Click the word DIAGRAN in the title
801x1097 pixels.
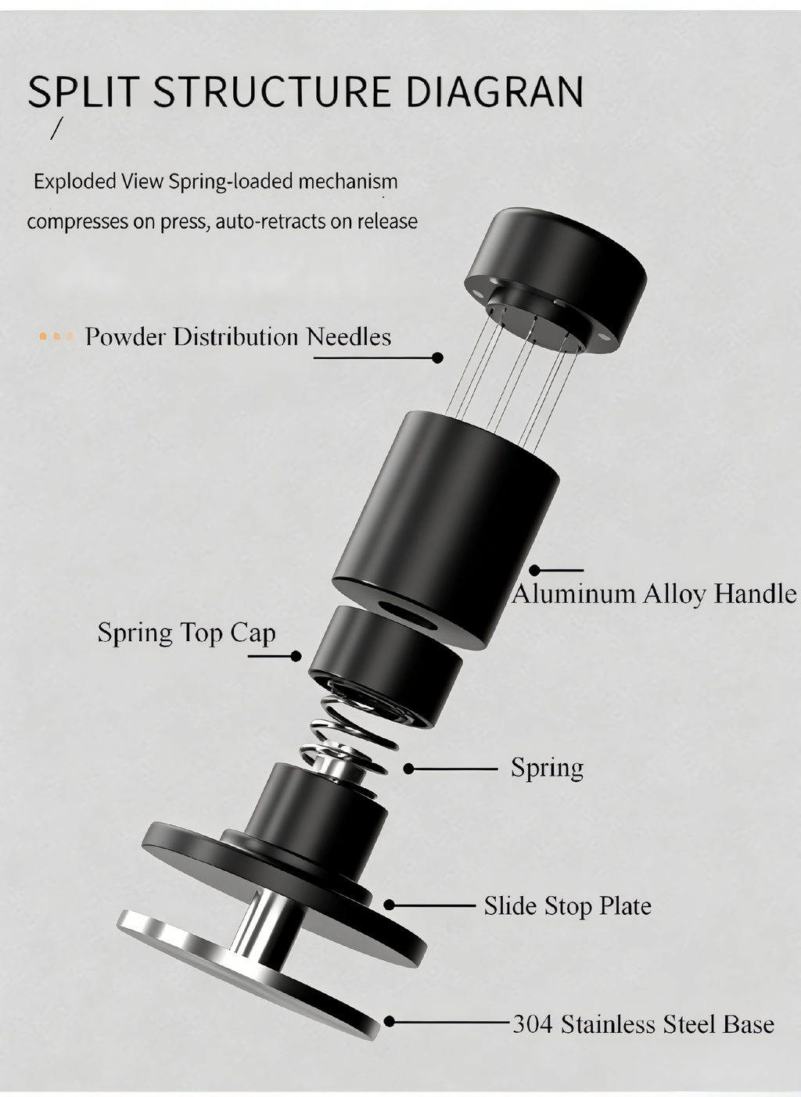494,91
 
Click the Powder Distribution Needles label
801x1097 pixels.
238,337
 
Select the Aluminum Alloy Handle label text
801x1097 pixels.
654,594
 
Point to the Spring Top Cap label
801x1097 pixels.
186,632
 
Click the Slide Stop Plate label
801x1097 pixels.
567,906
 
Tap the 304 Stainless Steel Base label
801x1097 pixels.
643,1024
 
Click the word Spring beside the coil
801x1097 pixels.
547,768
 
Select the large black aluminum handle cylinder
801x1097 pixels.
446,524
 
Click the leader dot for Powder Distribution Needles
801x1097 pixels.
438,357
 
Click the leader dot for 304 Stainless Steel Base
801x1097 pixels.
389,1022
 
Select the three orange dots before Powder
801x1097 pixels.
56,337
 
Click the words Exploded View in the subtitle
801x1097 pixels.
75,182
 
